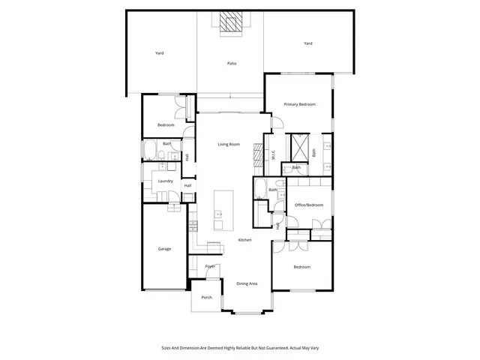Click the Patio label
click(232, 64)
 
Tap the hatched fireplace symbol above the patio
click(232, 22)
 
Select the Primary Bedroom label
click(299, 104)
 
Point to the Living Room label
click(229, 144)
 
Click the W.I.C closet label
click(274, 155)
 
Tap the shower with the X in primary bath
click(300, 144)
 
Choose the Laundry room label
click(166, 181)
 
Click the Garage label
click(163, 248)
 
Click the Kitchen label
click(244, 240)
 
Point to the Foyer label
click(211, 266)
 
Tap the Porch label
click(206, 298)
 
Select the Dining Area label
click(247, 283)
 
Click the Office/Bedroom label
click(308, 205)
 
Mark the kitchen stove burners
click(193, 223)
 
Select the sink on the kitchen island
click(219, 214)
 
